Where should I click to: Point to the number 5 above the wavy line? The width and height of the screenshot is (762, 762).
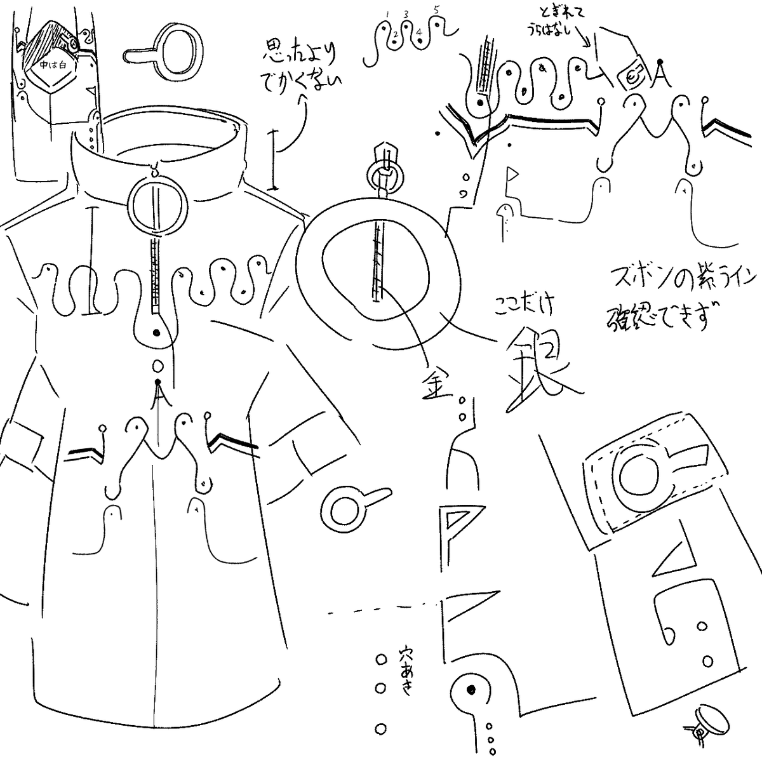(x=436, y=10)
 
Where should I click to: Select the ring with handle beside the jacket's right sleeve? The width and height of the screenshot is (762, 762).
(x=347, y=507)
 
